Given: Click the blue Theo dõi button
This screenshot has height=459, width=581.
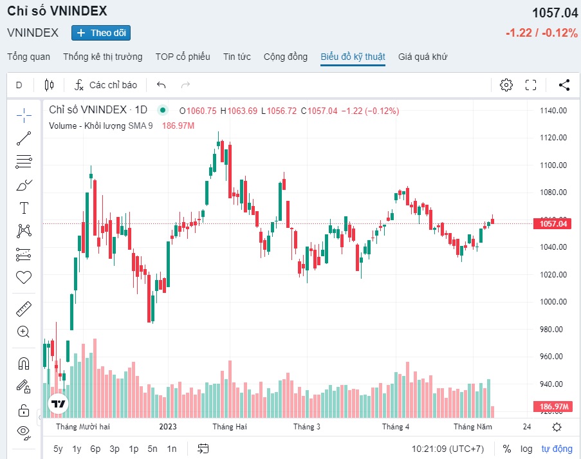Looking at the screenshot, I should [101, 33].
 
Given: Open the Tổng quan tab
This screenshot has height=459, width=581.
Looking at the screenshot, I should [28, 57].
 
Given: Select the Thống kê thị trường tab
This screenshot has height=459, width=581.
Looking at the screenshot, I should [103, 57].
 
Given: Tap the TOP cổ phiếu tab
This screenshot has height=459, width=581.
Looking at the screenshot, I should [183, 57].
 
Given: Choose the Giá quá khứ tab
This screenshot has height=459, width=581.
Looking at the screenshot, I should [423, 57].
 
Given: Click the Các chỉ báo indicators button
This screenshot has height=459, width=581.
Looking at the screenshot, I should [106, 85].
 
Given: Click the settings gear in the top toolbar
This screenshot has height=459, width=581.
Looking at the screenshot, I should [506, 85].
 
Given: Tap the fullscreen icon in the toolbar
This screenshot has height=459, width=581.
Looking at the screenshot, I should [531, 85].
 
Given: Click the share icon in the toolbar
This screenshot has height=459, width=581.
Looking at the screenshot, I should [564, 85].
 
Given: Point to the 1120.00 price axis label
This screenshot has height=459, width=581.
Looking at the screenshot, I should [553, 138].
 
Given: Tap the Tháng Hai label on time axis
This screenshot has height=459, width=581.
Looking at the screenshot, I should [230, 427].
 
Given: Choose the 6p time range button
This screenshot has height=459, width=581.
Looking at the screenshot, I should [95, 449].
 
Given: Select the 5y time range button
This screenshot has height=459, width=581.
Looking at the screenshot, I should [58, 449].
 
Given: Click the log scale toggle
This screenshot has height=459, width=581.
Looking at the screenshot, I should [526, 449].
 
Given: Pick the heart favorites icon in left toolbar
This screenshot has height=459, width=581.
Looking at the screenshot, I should [24, 277].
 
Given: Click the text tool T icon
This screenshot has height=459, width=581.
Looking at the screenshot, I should [24, 207].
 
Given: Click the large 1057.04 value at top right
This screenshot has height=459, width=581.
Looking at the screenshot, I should [555, 13].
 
